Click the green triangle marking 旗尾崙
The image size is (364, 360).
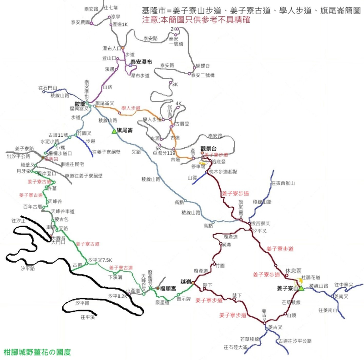point(114,131)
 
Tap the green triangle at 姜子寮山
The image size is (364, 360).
point(301,288)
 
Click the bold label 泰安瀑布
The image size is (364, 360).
point(141,61)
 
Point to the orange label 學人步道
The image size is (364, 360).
point(131,108)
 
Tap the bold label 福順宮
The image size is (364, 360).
point(168,288)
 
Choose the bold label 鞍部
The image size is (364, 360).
point(80,103)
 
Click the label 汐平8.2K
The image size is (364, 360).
point(116,296)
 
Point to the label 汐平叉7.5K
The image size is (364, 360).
point(100,260)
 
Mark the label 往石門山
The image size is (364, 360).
point(48,88)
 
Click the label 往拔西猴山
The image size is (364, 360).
point(283,183)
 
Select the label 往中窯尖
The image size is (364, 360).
point(344,285)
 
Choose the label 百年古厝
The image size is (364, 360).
point(33,206)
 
